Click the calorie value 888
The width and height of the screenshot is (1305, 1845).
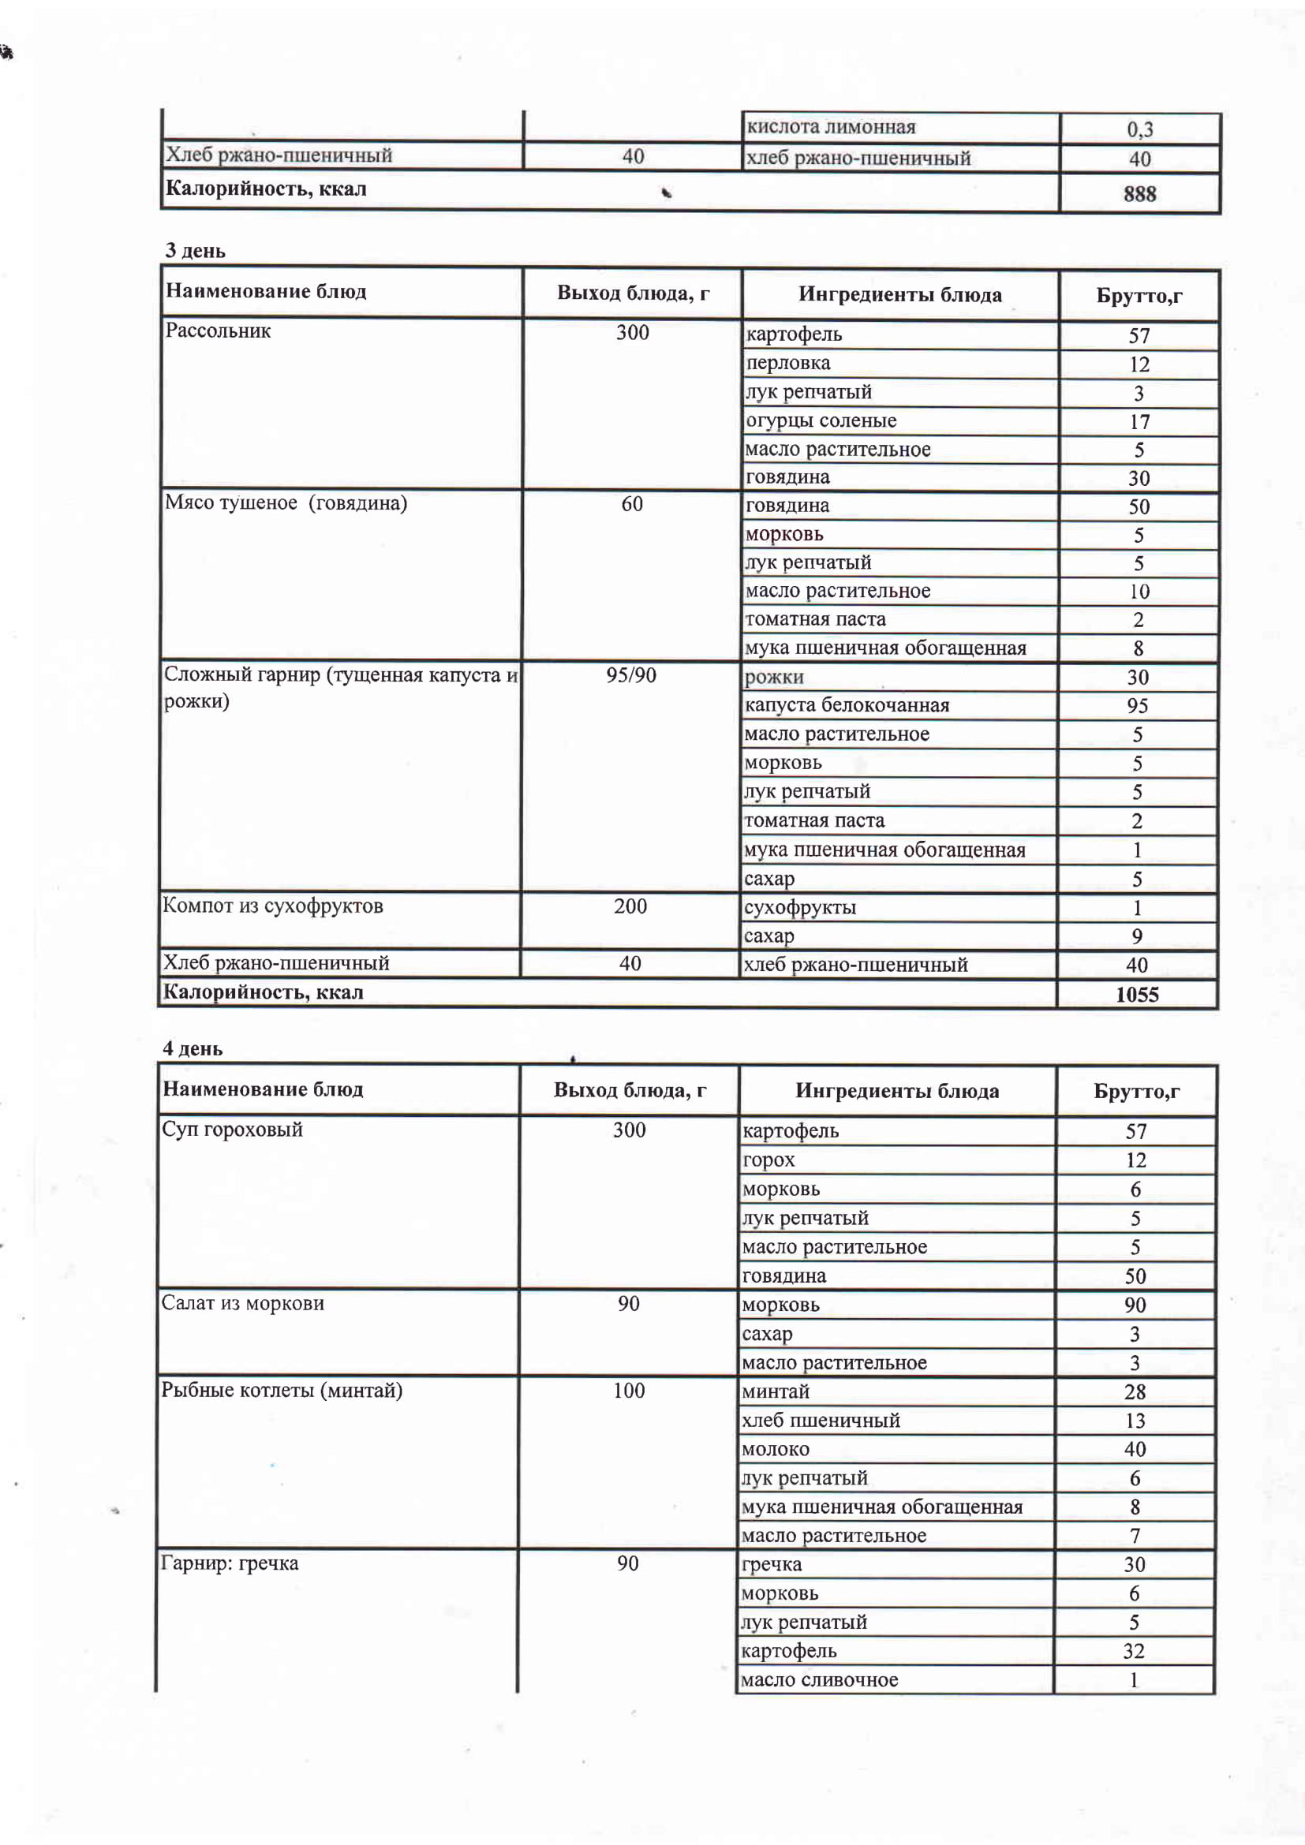[x=1139, y=194]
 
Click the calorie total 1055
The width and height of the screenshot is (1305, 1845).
[x=1136, y=995]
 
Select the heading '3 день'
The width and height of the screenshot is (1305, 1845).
[x=195, y=251]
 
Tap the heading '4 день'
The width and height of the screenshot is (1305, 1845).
[x=193, y=1048]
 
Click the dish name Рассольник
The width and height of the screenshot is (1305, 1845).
[x=218, y=331]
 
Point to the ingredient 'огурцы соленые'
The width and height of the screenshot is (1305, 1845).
[x=821, y=420]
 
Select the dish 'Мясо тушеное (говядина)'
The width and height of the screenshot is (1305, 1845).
[x=286, y=503]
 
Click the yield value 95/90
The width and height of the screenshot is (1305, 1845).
[x=631, y=675]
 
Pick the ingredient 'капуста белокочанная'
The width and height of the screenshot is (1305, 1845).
[x=846, y=705]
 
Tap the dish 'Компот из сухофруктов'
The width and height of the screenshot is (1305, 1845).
[x=272, y=906]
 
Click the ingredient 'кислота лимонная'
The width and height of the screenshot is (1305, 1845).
[x=831, y=127]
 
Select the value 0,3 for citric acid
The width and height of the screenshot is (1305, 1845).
[x=1139, y=129]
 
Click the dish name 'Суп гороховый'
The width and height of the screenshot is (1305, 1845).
[x=232, y=1130]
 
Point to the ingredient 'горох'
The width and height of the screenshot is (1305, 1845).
[x=768, y=1160]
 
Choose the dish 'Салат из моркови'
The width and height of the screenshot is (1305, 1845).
[x=243, y=1303]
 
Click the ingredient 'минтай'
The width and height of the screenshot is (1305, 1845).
[x=776, y=1391]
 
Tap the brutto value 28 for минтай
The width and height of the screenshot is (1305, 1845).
[x=1135, y=1392]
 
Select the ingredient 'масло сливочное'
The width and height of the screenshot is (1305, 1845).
[x=819, y=1679]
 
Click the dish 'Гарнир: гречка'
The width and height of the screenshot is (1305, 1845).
[x=230, y=1563]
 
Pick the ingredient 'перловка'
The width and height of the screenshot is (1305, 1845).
[x=787, y=363]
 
